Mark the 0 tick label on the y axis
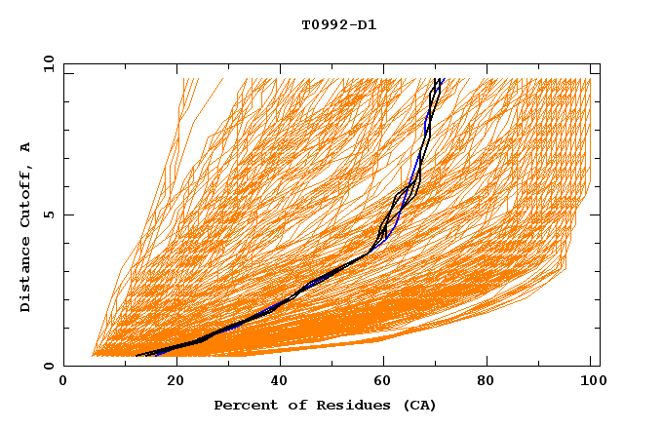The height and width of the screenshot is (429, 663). (x=48, y=366)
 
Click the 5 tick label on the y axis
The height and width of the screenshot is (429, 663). (x=48, y=214)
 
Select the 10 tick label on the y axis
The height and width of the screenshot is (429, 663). (x=45, y=63)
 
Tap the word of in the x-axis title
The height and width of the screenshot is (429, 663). (x=292, y=405)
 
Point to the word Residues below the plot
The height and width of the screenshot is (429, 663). (x=346, y=405)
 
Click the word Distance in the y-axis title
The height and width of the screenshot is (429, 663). (x=26, y=275)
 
